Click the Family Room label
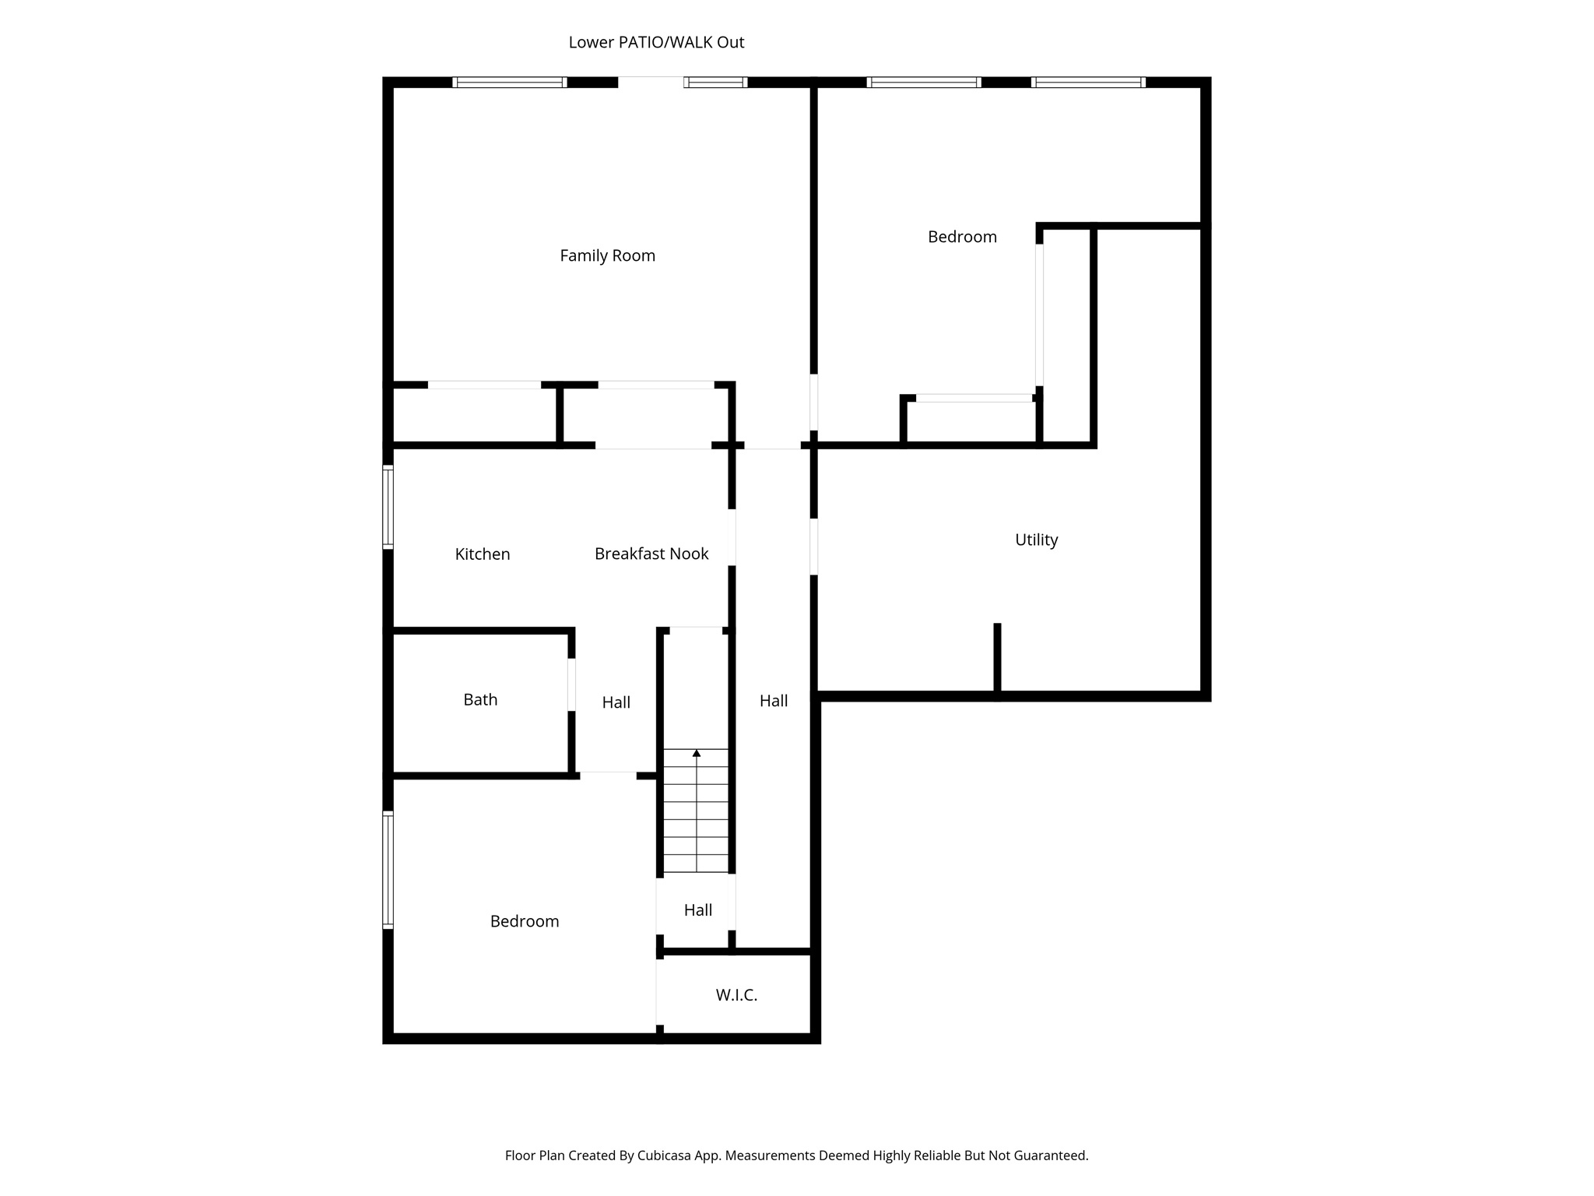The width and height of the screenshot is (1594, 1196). coord(607,255)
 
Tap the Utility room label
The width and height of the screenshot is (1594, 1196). coord(1036,540)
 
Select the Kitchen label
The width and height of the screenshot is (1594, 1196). coord(483,554)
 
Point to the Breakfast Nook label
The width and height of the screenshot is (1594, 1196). coord(651,554)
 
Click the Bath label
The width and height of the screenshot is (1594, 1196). coord(480,699)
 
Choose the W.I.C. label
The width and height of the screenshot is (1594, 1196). coord(736,995)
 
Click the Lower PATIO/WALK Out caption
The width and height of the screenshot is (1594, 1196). coord(656,42)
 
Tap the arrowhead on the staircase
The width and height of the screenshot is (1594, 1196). coord(697,753)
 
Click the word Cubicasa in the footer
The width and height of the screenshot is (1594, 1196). coord(665,1156)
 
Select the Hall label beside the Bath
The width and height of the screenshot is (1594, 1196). coord(616,702)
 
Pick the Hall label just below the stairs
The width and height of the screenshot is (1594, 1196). coord(698,909)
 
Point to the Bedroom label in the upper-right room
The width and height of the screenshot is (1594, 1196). coord(962,237)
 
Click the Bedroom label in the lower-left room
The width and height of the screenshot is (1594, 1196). coord(525,921)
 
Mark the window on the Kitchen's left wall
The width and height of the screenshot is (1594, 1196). coord(388,507)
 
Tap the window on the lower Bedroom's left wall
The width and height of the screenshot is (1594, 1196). coord(388,870)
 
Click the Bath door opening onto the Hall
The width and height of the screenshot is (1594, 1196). coord(571,684)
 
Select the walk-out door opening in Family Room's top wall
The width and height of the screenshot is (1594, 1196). coord(651,82)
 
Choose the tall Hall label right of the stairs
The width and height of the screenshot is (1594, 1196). coord(774,701)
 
